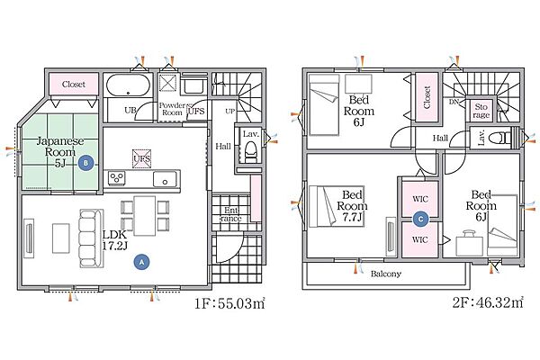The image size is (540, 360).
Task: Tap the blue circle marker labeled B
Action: tap(85, 163)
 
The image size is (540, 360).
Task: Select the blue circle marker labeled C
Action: tap(420, 219)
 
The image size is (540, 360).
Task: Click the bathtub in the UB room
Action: tap(128, 85)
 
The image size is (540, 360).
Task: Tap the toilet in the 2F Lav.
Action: tap(501, 138)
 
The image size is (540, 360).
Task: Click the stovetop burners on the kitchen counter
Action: tap(117, 178)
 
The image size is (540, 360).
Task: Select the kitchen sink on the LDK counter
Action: tap(165, 179)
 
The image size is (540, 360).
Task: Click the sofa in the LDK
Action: tap(92, 238)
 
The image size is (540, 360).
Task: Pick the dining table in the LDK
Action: tap(145, 216)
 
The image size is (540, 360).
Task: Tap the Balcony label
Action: tap(386, 274)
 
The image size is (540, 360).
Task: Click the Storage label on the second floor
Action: tap(481, 111)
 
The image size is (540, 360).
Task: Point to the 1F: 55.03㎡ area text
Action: tap(229, 303)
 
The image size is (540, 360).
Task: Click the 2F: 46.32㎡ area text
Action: tap(488, 302)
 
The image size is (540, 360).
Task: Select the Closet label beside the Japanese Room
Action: tap(74, 84)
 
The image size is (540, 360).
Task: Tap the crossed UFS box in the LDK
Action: tap(142, 158)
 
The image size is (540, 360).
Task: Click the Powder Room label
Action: tap(172, 109)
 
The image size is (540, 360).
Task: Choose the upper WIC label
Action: tap(420, 199)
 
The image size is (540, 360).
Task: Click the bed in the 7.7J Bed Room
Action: tap(323, 206)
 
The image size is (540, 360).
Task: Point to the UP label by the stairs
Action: tap(230, 112)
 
